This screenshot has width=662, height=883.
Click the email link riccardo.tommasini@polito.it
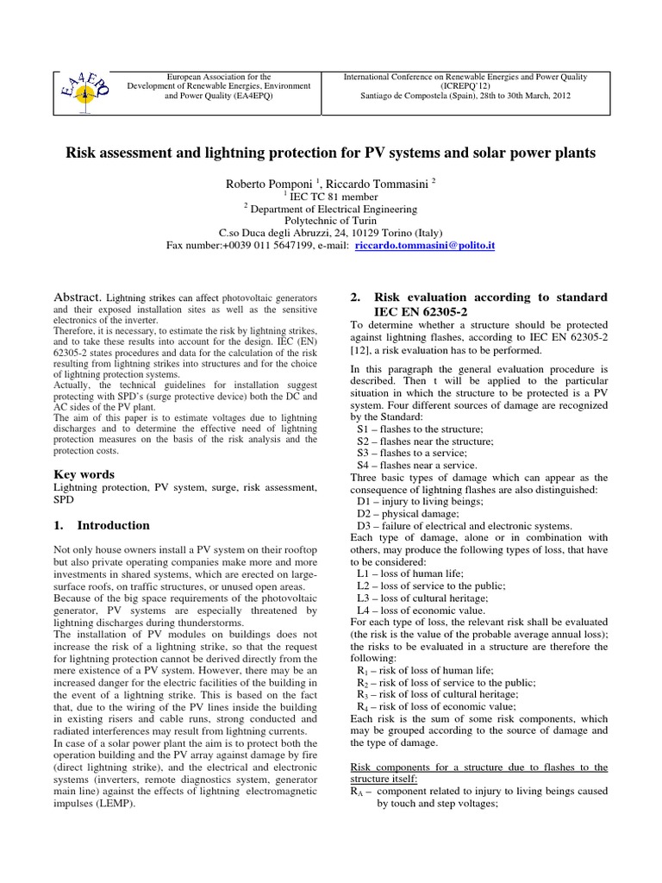425,246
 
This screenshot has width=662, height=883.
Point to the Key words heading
84,474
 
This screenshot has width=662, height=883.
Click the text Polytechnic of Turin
331,221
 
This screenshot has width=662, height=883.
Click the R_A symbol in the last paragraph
356,791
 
